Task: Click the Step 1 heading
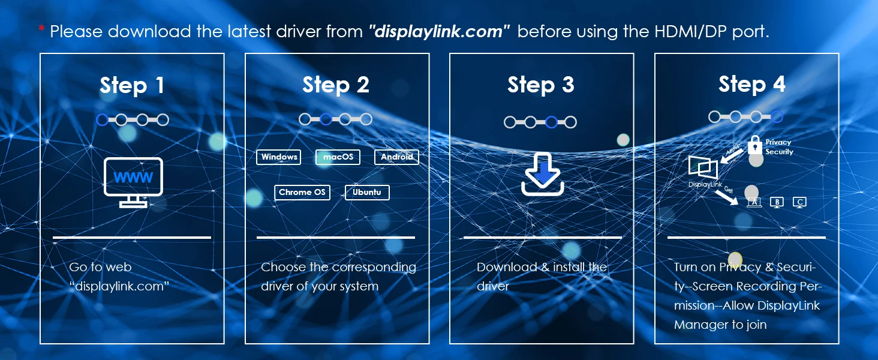[x=132, y=85]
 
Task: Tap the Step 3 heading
[x=541, y=85]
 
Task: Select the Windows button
[x=279, y=157]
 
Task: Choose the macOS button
[x=338, y=157]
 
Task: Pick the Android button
[x=396, y=157]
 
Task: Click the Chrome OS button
[x=302, y=192]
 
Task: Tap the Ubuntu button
[x=367, y=192]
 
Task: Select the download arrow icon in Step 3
[x=542, y=174]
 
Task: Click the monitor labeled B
[x=777, y=202]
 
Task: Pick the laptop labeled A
[x=754, y=202]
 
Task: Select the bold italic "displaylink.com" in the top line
[x=439, y=31]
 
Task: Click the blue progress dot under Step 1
[x=102, y=120]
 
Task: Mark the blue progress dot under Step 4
[x=777, y=116]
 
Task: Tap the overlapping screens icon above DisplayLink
[x=703, y=167]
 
